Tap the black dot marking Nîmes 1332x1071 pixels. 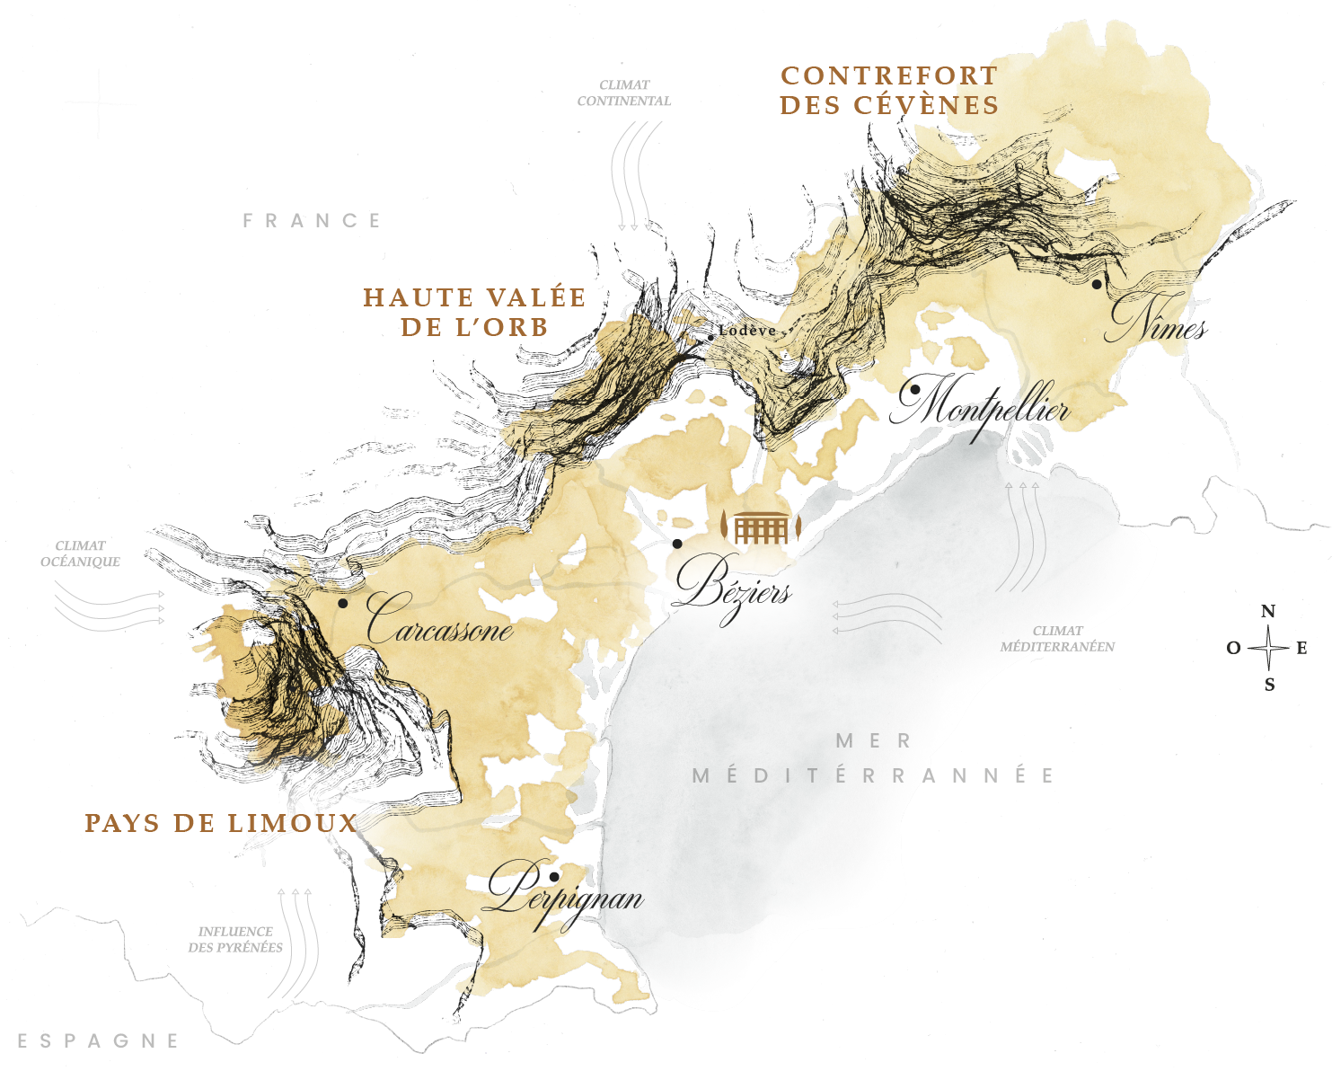pyautogui.click(x=1097, y=284)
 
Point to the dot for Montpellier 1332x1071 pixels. pyautogui.click(x=914, y=390)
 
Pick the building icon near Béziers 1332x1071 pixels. pyautogui.click(x=761, y=528)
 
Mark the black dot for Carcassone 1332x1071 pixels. pyautogui.click(x=342, y=603)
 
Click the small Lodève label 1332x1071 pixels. pyautogui.click(x=747, y=331)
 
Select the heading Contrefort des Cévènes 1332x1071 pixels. pyautogui.click(x=888, y=90)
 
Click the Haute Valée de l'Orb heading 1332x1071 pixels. pyautogui.click(x=474, y=312)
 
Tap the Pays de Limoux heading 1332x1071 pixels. pyautogui.click(x=221, y=823)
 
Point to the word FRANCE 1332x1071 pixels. pyautogui.click(x=312, y=221)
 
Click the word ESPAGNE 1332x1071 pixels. pyautogui.click(x=98, y=1041)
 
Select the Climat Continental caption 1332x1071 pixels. pyautogui.click(x=624, y=93)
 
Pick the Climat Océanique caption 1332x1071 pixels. pyautogui.click(x=80, y=553)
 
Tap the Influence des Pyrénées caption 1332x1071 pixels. pyautogui.click(x=235, y=939)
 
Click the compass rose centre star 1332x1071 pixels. pyautogui.click(x=1268, y=647)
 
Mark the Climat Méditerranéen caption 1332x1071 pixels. pyautogui.click(x=1058, y=639)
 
